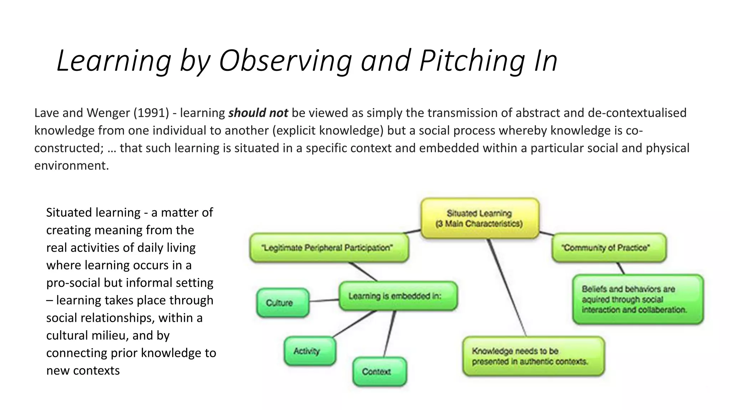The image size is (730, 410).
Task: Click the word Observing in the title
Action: tap(285, 61)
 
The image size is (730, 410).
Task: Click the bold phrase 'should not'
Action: tap(258, 113)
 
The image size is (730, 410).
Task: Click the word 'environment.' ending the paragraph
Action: tap(71, 165)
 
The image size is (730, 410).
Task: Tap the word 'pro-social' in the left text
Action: tap(73, 283)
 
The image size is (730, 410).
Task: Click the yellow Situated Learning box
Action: tap(480, 219)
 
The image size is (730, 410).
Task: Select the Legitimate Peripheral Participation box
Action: tap(329, 248)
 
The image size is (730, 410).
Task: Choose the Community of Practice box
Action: tap(609, 248)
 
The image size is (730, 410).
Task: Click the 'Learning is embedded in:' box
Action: tap(398, 296)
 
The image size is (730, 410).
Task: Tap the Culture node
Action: tap(283, 303)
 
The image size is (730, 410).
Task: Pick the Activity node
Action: tap(310, 351)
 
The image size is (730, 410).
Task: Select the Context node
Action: tap(380, 372)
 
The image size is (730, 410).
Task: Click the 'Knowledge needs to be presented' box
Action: tap(533, 356)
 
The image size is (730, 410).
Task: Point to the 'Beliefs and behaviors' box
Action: tap(638, 299)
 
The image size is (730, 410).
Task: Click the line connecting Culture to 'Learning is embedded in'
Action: tap(324, 301)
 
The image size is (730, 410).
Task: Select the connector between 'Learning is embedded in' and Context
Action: tap(389, 334)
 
